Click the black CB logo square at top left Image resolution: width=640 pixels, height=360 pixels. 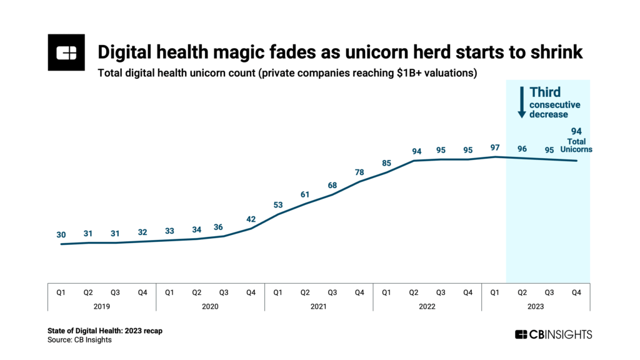point(66,52)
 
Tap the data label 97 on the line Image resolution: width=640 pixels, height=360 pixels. point(495,147)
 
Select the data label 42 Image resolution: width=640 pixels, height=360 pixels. point(251,219)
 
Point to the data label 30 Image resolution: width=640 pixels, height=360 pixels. point(61,235)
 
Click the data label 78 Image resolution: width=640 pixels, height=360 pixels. point(359,172)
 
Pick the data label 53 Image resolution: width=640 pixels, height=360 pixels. point(278,205)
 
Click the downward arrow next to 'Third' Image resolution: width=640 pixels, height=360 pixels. point(520,102)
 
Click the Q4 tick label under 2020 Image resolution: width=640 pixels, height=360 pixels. point(251,292)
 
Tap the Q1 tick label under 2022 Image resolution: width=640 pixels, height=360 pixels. point(386,292)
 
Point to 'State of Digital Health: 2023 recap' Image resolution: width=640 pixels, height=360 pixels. point(105,330)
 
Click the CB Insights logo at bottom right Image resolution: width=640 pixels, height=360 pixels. point(553,334)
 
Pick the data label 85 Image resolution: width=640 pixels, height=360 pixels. point(386,164)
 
